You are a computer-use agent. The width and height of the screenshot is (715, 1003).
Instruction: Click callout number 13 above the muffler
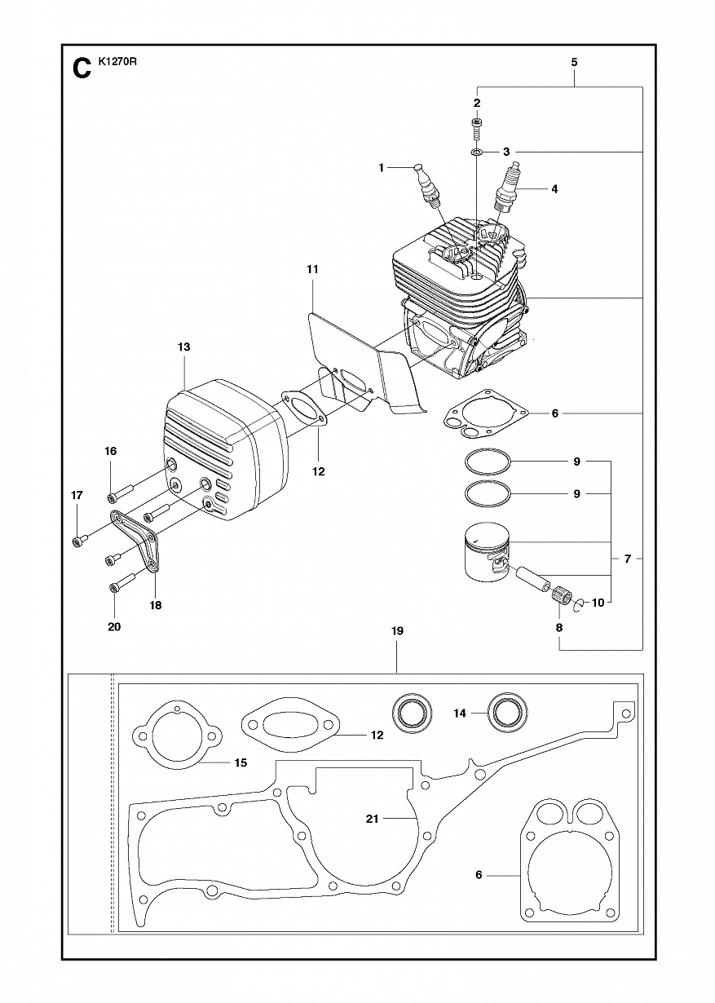click(x=183, y=347)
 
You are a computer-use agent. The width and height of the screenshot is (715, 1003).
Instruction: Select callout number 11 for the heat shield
click(x=312, y=269)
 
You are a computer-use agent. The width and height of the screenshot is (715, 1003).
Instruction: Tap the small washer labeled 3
click(x=477, y=152)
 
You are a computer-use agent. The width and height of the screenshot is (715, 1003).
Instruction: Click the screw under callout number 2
click(x=477, y=126)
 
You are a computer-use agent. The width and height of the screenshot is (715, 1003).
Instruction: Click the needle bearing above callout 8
click(x=561, y=595)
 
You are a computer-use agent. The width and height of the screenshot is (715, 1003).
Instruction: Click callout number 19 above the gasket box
click(x=397, y=630)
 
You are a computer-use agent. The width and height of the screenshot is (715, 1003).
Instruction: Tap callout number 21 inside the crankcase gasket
click(x=372, y=819)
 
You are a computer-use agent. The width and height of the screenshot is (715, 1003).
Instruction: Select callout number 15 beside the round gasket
click(x=241, y=762)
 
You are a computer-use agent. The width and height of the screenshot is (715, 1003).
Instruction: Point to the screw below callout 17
click(x=81, y=539)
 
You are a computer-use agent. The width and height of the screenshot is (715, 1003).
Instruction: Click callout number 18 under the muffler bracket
click(x=156, y=605)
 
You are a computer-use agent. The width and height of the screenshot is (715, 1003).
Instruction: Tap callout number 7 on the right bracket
click(x=627, y=559)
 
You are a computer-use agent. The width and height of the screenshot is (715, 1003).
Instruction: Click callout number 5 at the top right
click(x=575, y=62)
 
